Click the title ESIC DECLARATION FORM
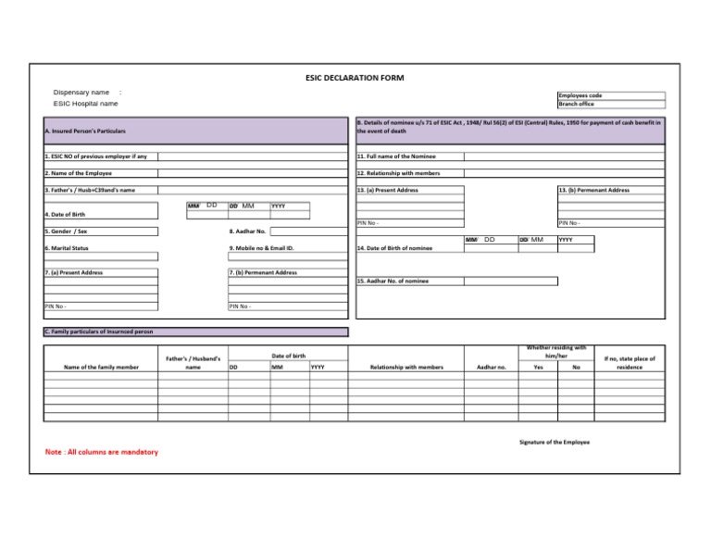(355, 78)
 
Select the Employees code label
(580, 95)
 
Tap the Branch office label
(576, 105)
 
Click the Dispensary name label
(81, 93)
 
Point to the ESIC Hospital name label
(85, 104)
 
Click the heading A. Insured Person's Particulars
(85, 131)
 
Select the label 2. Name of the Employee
(79, 173)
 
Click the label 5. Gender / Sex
(67, 231)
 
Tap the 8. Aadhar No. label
(247, 231)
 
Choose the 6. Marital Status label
(68, 248)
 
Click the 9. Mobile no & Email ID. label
(261, 248)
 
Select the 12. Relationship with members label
(398, 173)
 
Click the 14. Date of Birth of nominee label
(394, 249)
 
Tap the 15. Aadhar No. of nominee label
(393, 281)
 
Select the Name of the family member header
(101, 367)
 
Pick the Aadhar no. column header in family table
(491, 367)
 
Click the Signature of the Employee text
(554, 442)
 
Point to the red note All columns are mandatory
(101, 452)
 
